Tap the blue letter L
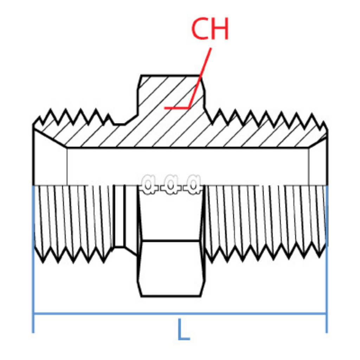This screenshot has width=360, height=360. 183,330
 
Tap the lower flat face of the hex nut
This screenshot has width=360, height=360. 171,269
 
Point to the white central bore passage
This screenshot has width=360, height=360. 186,165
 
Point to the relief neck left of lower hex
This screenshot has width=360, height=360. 120,216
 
